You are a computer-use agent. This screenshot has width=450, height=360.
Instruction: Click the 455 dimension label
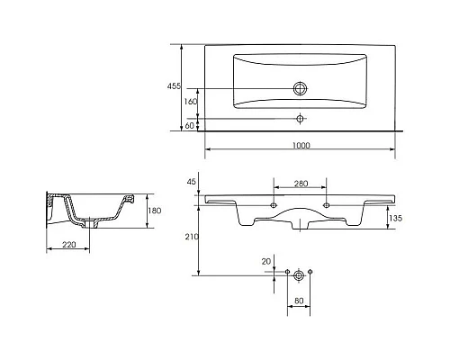pos(174,86)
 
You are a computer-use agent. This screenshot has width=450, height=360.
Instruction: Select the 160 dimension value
pos(191,102)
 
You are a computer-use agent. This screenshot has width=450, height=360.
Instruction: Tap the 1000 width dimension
pos(301,146)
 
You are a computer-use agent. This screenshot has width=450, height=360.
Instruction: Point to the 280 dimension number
pos(301,184)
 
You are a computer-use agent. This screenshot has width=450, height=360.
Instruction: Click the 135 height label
pos(395,218)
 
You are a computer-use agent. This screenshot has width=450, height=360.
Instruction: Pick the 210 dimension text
pos(192,237)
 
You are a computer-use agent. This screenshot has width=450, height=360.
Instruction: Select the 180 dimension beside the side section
pos(155,211)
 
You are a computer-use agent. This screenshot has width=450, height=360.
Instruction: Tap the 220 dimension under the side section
pos(69,245)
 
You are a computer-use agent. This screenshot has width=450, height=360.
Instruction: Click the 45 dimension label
pos(191,182)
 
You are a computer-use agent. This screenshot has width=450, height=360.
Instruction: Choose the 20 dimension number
pos(266,262)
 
